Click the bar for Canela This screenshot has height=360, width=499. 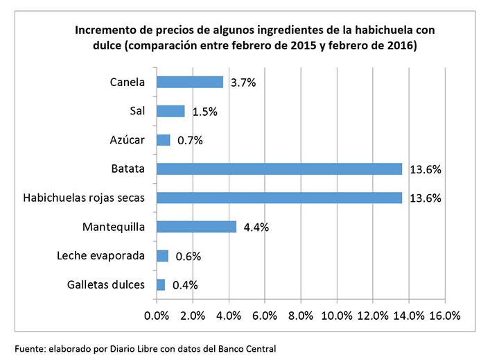190,82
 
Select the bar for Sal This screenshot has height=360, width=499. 170,111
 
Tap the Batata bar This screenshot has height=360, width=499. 279,169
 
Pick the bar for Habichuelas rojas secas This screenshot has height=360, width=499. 279,198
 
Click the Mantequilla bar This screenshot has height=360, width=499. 196,226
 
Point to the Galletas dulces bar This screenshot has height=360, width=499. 161,284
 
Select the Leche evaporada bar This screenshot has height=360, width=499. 162,255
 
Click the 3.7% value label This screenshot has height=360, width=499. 243,83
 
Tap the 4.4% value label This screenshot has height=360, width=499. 256,227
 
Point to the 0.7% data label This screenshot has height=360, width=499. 190,140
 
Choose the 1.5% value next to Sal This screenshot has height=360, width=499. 204,112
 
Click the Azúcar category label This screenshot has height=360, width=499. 128,140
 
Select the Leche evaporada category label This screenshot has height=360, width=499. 100,256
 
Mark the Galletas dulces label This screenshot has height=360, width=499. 106,284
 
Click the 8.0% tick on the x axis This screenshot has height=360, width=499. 301,316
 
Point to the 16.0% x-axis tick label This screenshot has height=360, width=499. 444,316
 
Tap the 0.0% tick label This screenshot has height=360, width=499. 157,316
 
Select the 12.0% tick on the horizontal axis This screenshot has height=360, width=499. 372,316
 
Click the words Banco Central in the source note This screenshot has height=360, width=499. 252,348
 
